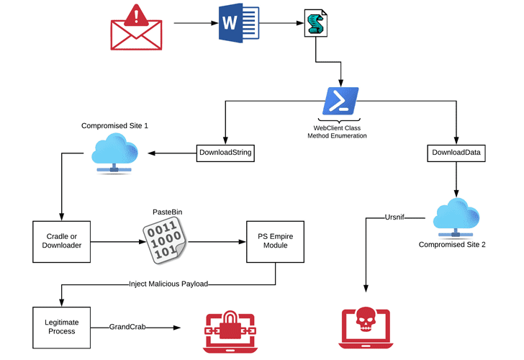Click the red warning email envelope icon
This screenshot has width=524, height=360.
click(137, 27)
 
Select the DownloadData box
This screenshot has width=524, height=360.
click(455, 153)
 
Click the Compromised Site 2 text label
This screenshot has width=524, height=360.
click(452, 245)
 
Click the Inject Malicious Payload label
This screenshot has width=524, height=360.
click(168, 284)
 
